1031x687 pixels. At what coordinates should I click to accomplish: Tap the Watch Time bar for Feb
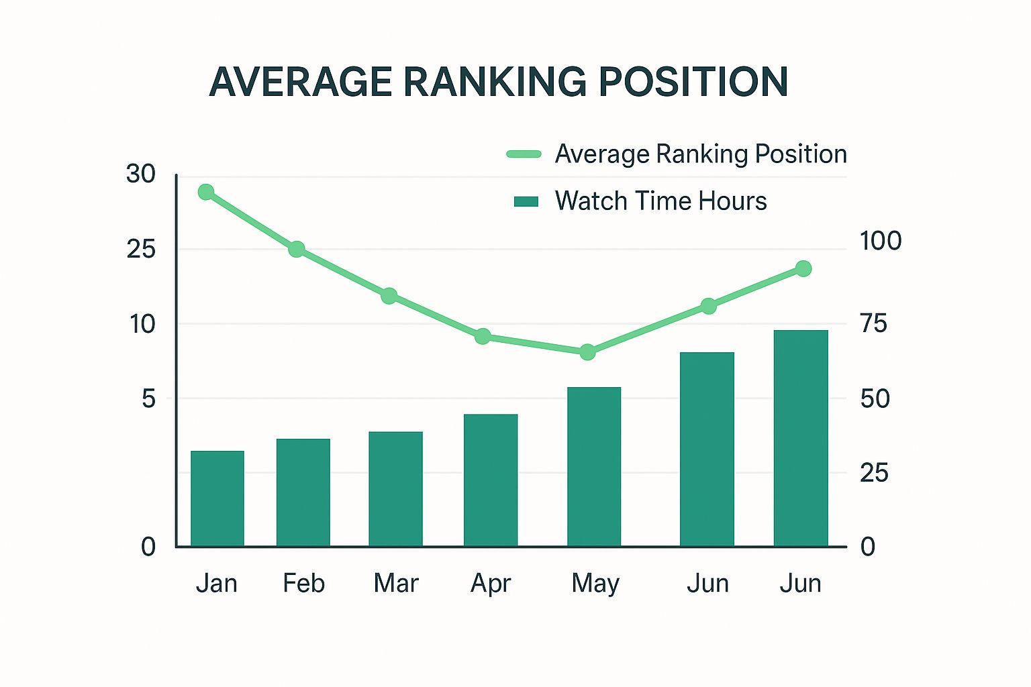click(x=303, y=492)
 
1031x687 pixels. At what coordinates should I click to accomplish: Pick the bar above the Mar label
click(x=395, y=489)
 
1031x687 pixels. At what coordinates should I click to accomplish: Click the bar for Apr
click(x=490, y=480)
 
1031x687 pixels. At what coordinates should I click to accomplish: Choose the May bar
click(x=593, y=467)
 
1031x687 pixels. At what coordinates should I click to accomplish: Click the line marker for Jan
click(x=206, y=193)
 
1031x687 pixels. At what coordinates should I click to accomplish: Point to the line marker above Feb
click(x=297, y=250)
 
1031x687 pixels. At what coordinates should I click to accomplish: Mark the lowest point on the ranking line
click(x=587, y=352)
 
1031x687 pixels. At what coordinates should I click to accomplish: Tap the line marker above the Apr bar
click(x=483, y=336)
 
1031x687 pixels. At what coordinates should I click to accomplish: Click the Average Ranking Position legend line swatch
click(x=524, y=154)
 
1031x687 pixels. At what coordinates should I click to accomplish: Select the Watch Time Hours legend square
click(x=526, y=202)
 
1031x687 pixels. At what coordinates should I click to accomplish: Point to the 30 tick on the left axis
click(x=140, y=174)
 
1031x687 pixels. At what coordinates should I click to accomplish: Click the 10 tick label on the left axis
click(x=142, y=324)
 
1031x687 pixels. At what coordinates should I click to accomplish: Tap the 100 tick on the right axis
click(x=881, y=241)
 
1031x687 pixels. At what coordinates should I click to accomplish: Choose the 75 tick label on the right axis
click(x=874, y=323)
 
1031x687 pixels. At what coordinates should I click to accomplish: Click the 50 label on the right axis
click(x=875, y=399)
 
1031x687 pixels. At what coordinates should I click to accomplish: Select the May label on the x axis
click(x=595, y=584)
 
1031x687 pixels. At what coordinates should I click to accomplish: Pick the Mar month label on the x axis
click(x=395, y=583)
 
